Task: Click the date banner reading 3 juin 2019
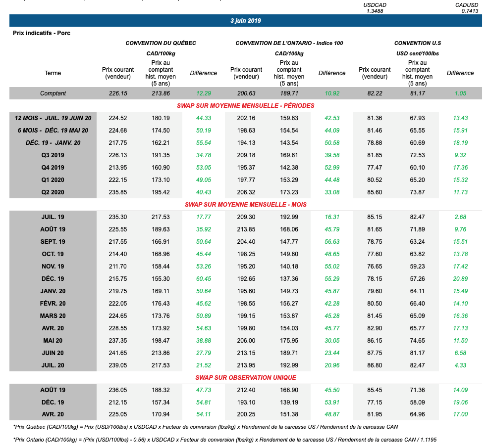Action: pos(246,21)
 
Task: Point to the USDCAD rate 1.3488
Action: pos(375,11)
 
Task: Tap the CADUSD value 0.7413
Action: pos(470,11)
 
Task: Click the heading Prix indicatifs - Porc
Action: pos(42,34)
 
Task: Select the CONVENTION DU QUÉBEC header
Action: pos(161,43)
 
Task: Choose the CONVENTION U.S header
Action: pos(417,43)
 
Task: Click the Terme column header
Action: pos(53,73)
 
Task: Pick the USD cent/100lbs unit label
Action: pos(417,53)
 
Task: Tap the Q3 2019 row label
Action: pos(53,155)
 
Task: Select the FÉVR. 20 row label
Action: pos(53,304)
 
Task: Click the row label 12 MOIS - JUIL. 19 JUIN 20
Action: pos(53,118)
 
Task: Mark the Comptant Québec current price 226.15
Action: pos(117,93)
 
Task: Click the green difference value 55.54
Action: pos(203,143)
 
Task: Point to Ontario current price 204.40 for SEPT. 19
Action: pos(246,242)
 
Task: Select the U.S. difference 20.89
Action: pos(460,279)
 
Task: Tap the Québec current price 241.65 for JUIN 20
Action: pos(117,353)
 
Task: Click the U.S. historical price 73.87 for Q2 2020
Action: pos(417,192)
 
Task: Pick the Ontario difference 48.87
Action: pos(332,415)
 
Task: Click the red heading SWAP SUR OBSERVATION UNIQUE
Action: pos(246,378)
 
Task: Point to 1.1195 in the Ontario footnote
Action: pos(428,440)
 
